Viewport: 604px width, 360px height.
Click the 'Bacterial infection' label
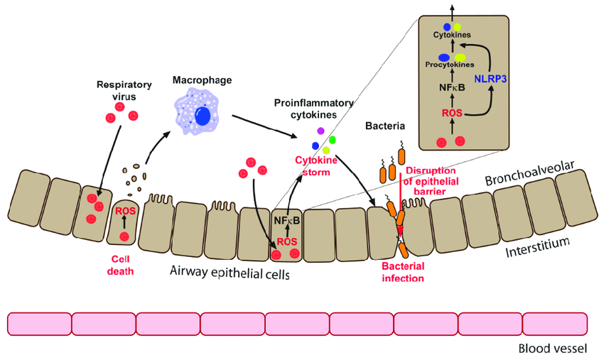tap(403, 272)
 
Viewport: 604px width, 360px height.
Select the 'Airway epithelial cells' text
tap(230, 271)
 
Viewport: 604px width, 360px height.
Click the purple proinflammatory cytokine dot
tap(320, 131)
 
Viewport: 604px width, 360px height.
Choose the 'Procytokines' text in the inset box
tap(450, 65)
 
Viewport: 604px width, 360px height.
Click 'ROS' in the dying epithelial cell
tap(124, 211)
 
